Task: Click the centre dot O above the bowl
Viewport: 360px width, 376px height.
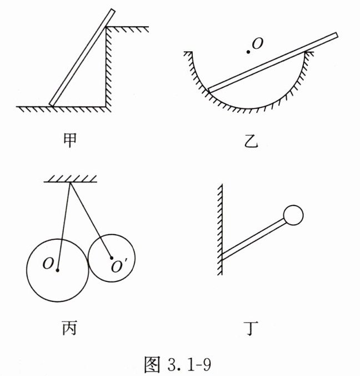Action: [249, 52]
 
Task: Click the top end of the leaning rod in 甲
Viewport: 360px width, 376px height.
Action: [112, 11]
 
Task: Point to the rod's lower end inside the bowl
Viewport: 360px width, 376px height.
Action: [210, 89]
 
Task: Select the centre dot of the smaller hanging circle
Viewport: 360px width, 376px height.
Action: [112, 258]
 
